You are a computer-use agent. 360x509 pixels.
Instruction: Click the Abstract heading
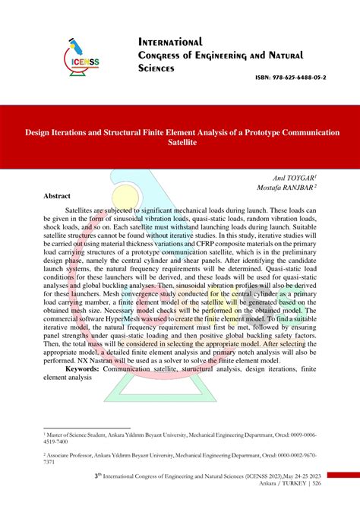click(62, 195)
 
